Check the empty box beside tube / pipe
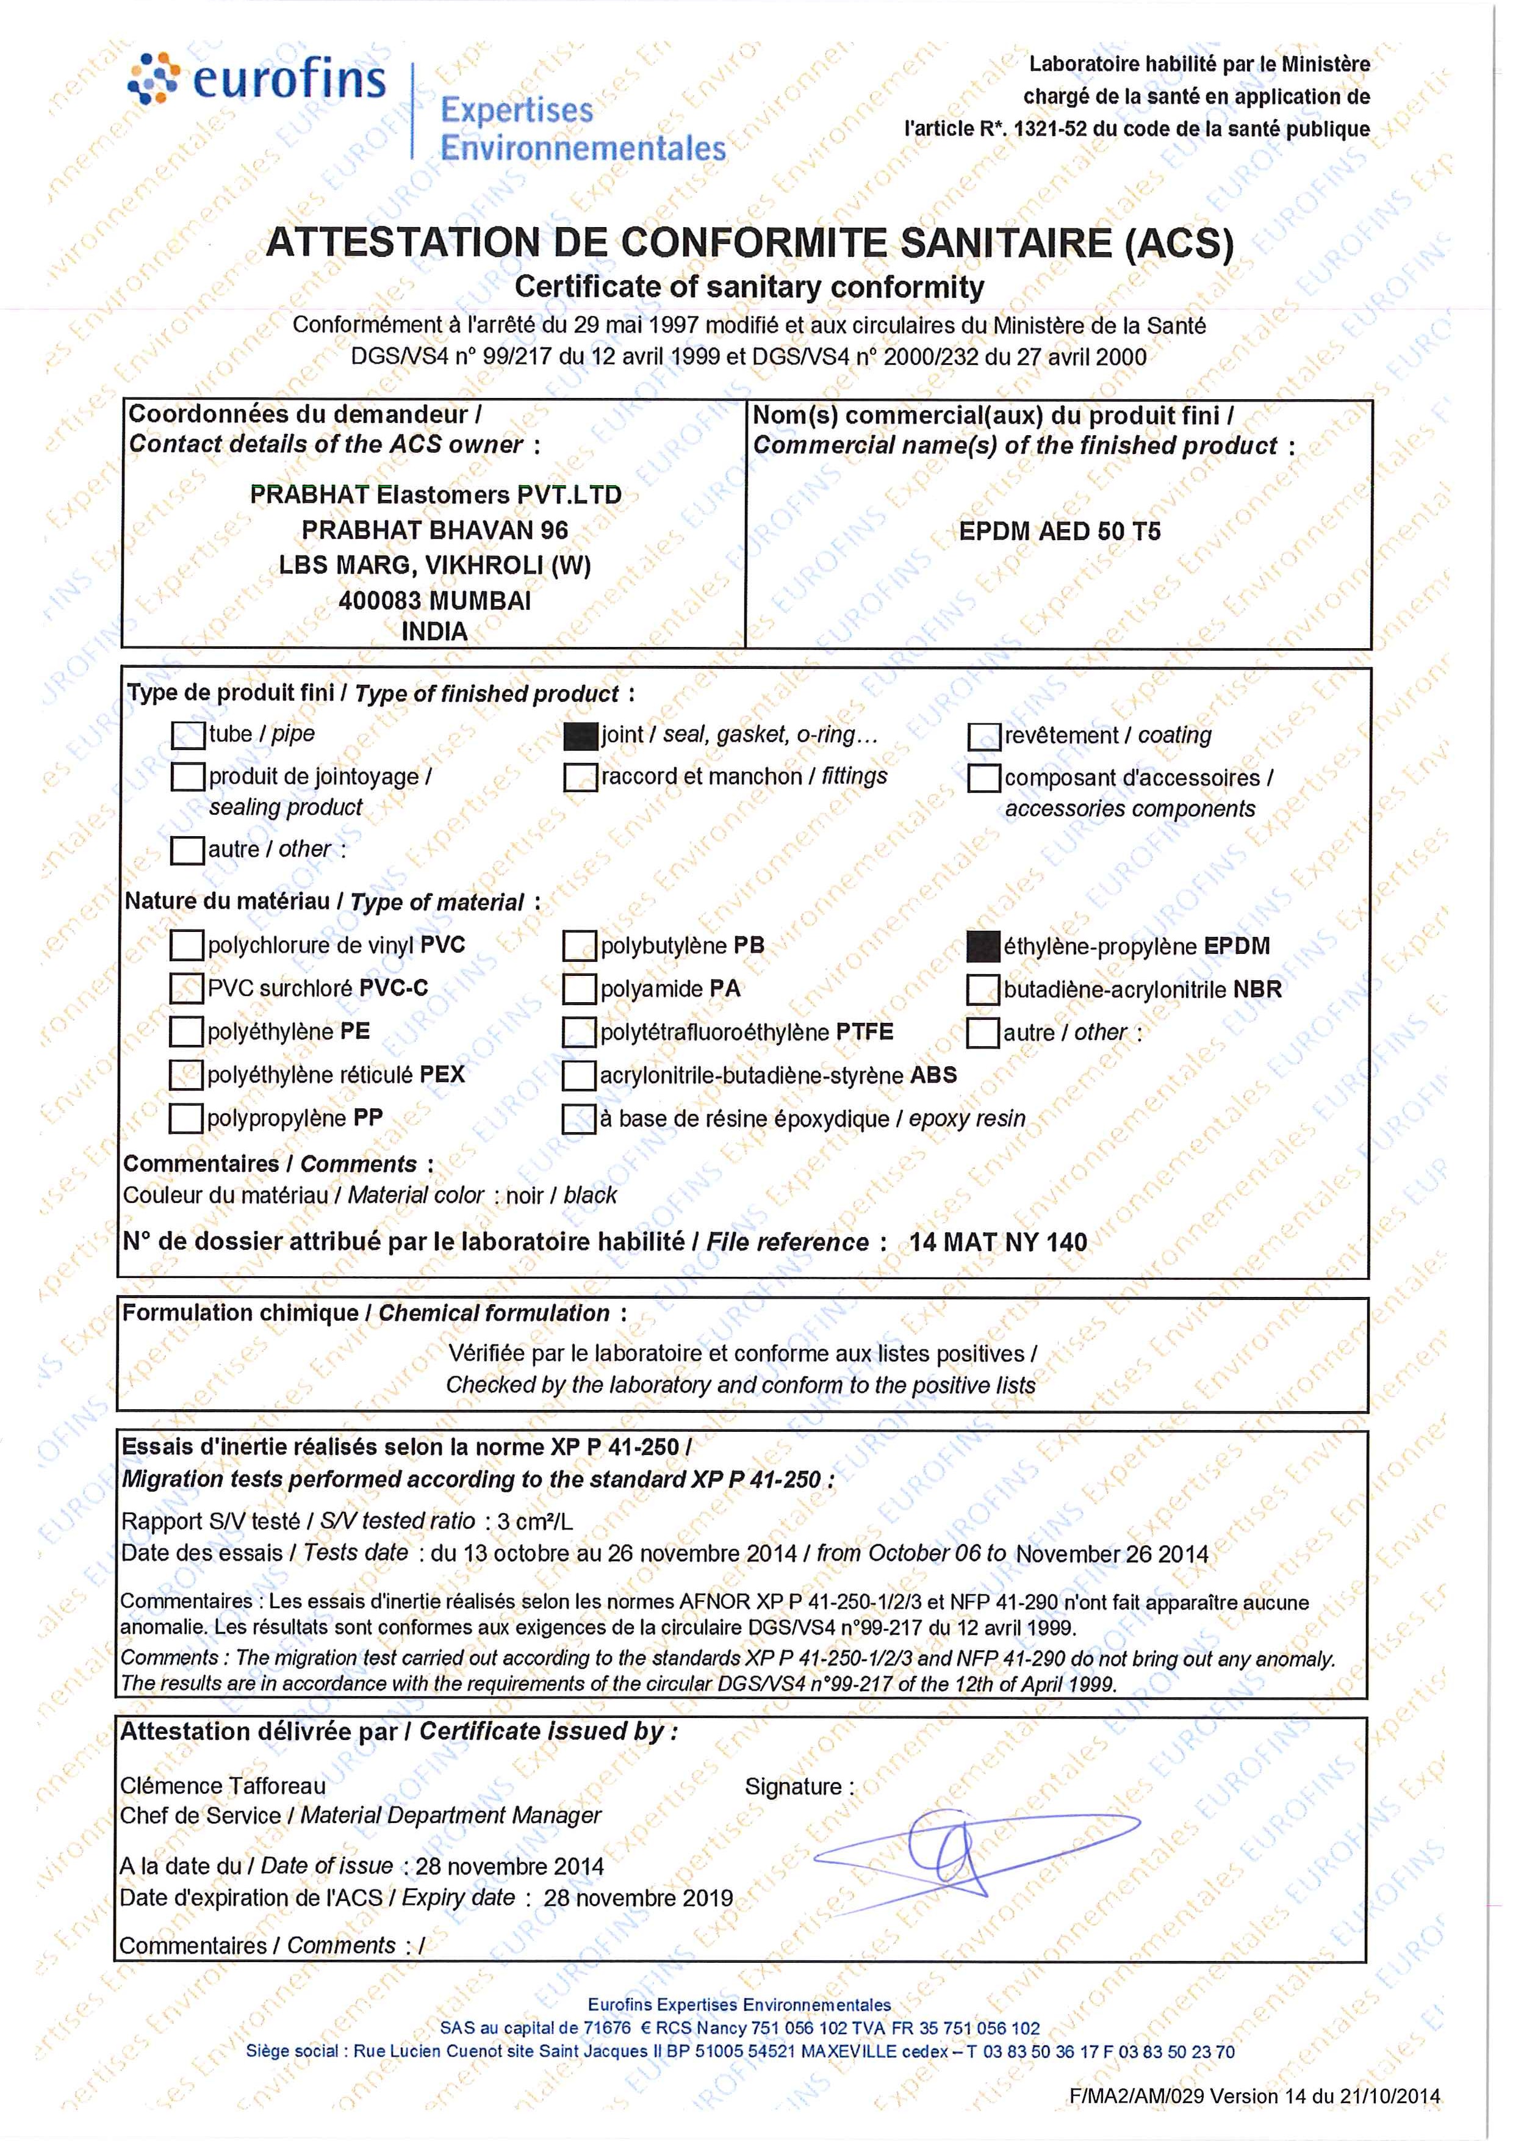(189, 735)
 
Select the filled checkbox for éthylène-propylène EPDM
(983, 947)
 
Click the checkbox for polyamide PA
(580, 989)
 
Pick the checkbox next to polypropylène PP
(187, 1118)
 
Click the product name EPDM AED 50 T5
(1060, 532)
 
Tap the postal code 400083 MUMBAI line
(434, 601)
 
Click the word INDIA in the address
(434, 632)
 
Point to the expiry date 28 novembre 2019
(639, 1897)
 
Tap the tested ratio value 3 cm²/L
(535, 1521)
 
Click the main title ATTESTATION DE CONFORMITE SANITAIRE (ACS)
(750, 244)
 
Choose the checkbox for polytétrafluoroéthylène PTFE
(579, 1032)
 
